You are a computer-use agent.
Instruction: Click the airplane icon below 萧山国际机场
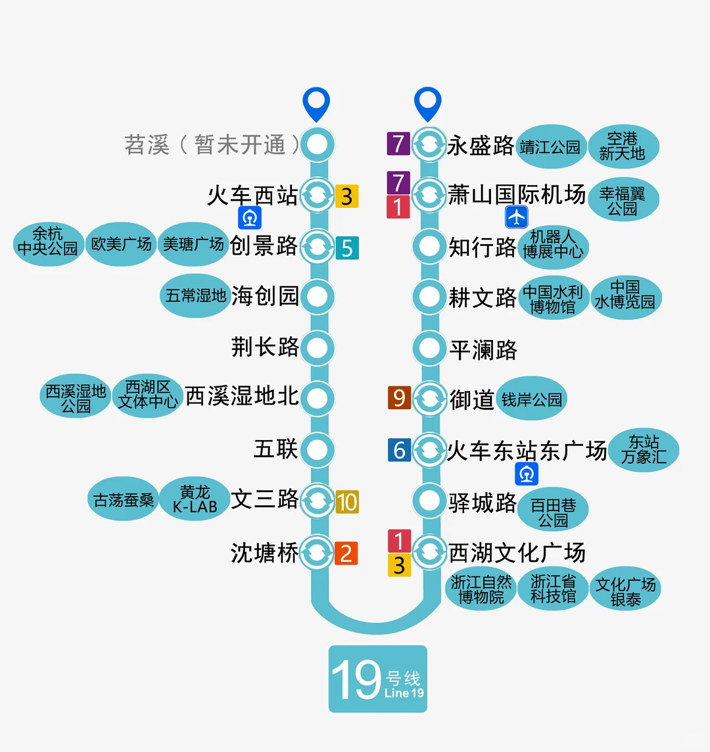[517, 217]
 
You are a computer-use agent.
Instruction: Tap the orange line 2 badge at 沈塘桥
[346, 553]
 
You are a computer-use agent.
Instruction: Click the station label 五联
[276, 449]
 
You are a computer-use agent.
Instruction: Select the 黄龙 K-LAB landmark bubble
[195, 499]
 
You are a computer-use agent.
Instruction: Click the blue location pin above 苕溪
[316, 104]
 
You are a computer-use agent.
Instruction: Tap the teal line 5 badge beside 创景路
[347, 248]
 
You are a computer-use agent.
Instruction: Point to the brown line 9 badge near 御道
[399, 397]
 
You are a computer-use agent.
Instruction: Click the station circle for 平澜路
[429, 347]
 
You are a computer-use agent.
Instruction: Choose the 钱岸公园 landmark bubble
[531, 399]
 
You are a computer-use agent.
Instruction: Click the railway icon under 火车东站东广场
[527, 474]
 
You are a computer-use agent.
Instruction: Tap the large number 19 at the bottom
[356, 680]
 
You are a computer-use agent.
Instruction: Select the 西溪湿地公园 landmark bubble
[76, 397]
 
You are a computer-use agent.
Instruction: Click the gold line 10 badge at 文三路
[347, 502]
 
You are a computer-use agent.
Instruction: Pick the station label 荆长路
[265, 347]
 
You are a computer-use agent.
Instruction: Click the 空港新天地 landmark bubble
[622, 146]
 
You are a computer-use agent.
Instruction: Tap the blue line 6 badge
[399, 450]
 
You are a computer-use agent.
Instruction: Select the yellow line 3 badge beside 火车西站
[347, 196]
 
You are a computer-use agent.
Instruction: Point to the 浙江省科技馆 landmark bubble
[553, 588]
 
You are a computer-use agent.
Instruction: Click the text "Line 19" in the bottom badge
[404, 693]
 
